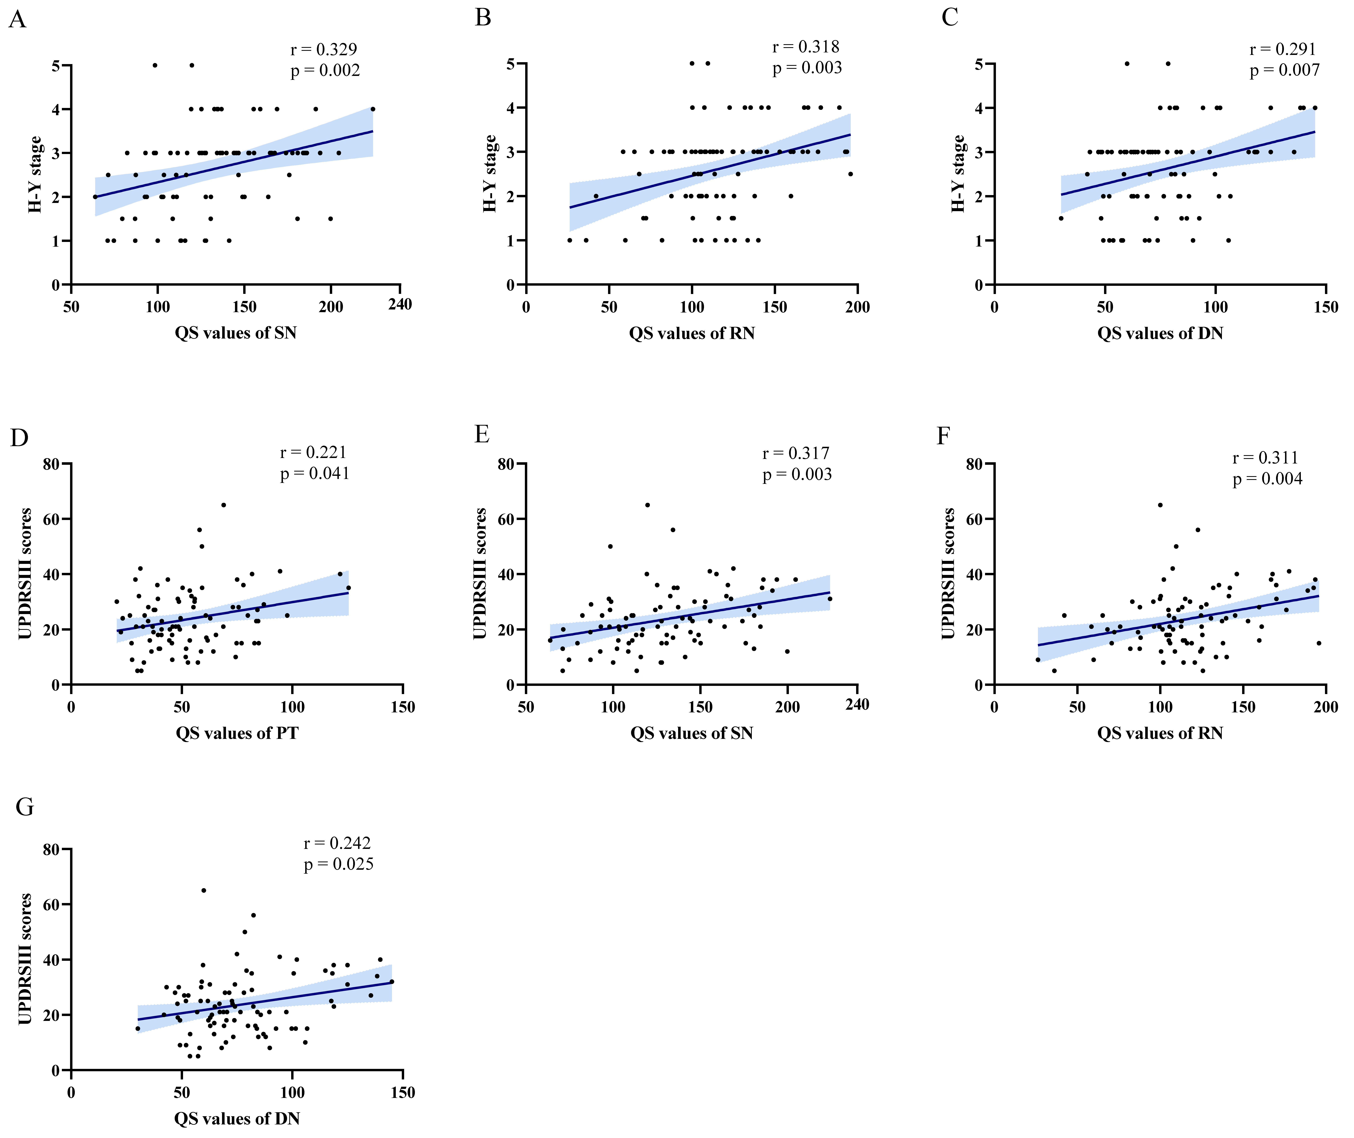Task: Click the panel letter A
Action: click(17, 20)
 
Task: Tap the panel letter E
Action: click(482, 434)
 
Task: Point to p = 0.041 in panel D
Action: click(315, 473)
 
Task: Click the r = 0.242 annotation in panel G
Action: click(337, 843)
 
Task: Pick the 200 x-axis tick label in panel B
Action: click(857, 307)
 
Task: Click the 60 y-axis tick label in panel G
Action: click(51, 904)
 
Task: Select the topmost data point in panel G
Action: click(204, 890)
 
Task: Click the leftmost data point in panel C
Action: click(1061, 218)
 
